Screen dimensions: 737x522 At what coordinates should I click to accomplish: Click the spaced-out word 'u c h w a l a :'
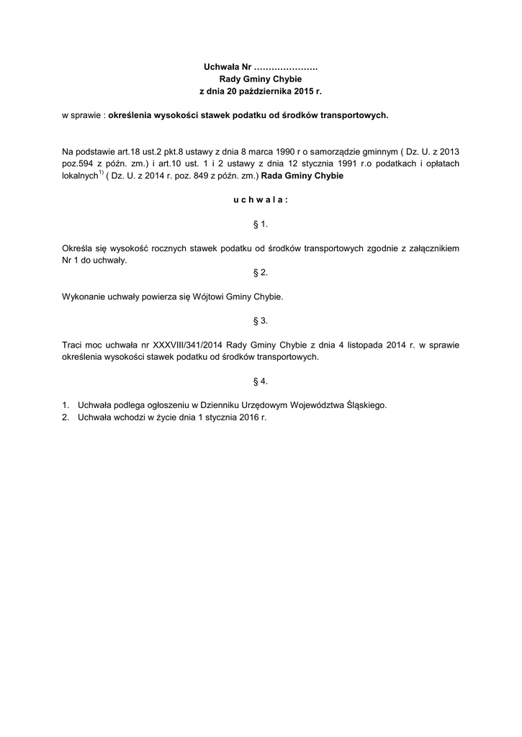tap(260, 200)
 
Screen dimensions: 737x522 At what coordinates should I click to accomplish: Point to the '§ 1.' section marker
tap(260, 224)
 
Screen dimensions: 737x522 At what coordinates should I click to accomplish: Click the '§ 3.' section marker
tap(260, 320)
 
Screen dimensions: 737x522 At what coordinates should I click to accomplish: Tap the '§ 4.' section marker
tap(260, 380)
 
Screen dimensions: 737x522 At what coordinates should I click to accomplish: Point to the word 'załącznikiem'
tap(433, 248)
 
